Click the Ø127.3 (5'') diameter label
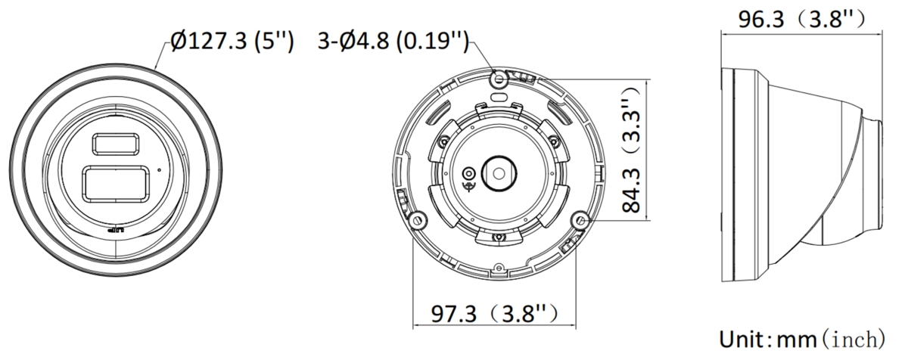click(232, 41)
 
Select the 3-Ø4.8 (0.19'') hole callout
click(393, 41)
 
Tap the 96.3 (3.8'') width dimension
click(802, 19)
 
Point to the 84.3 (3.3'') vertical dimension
click(632, 149)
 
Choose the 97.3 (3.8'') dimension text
click(495, 313)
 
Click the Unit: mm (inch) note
click(802, 340)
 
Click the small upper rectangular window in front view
click(116, 144)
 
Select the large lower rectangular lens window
click(116, 184)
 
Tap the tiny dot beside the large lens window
click(160, 170)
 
